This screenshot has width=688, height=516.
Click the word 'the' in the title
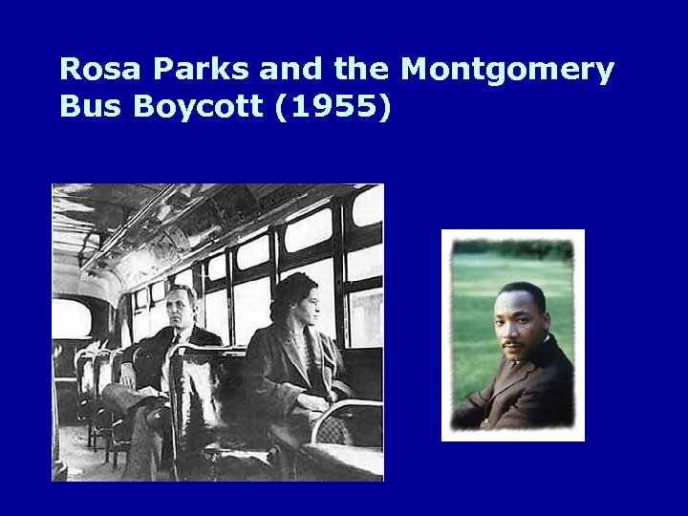tap(360, 70)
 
